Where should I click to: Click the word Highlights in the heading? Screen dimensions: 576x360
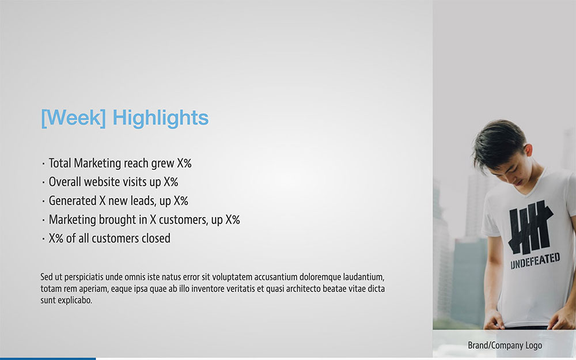click(161, 118)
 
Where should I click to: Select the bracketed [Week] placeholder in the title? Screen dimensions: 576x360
click(74, 118)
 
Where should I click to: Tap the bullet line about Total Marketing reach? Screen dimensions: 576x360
click(116, 163)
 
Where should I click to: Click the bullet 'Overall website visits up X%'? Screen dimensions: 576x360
click(110, 182)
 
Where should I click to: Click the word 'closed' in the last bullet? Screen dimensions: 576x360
click(156, 238)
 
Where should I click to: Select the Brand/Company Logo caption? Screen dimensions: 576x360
click(505, 345)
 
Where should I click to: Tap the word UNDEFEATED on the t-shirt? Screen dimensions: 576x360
click(535, 260)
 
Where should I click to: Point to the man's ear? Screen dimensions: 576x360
click(528, 151)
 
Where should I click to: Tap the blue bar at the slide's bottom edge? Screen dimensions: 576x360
click(48, 358)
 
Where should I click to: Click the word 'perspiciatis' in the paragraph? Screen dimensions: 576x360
click(84, 277)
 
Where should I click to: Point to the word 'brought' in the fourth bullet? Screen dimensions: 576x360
click(110, 219)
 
